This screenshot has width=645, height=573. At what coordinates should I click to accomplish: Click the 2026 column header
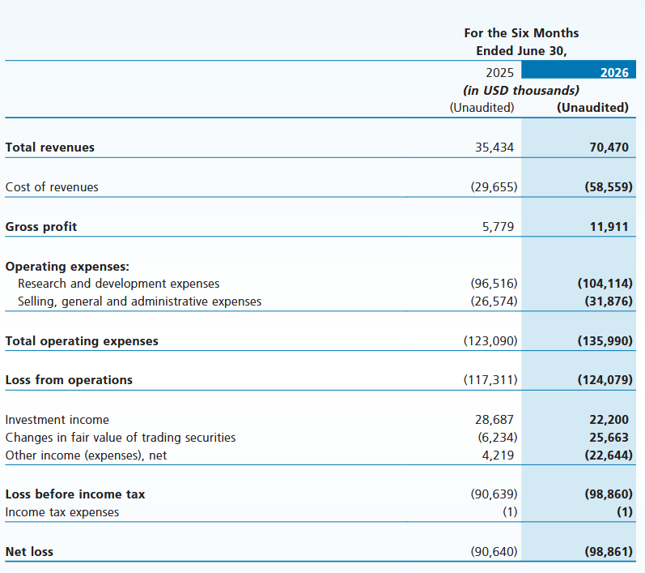pos(614,72)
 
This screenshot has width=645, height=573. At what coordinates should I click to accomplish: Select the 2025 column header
pos(499,72)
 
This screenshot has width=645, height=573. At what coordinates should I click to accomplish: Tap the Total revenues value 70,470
pos(609,147)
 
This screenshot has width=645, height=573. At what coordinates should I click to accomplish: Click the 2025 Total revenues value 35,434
pos(494,147)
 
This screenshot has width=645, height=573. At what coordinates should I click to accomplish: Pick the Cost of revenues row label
pos(52,187)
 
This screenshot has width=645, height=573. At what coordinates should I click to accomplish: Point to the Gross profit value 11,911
pos(609,227)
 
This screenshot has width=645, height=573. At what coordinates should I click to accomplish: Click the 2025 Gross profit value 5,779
pos(498,227)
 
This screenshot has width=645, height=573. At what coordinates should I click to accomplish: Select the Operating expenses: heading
pos(67,267)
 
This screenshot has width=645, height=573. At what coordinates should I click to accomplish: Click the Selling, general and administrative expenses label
pos(139,301)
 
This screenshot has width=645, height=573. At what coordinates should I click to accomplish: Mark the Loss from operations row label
pos(69,380)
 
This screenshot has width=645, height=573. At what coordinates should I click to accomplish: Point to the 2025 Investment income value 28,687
pos(494,419)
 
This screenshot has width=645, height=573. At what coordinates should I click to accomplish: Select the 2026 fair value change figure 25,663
pos(609,437)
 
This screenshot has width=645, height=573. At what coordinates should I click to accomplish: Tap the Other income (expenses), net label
pos(86,455)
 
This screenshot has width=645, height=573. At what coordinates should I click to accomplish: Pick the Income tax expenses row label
pos(62,512)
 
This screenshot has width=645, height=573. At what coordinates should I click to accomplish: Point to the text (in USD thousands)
pos(521,90)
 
